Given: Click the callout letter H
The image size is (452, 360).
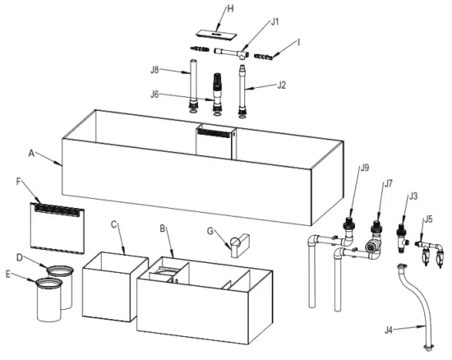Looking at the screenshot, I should (207, 9).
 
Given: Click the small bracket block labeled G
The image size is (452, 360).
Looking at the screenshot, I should (239, 245).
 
